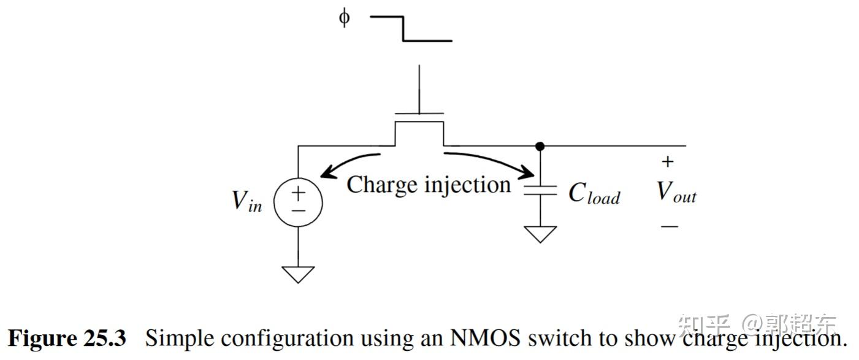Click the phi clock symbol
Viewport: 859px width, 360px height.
click(x=345, y=18)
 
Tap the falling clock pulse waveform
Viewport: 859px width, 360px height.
click(x=411, y=29)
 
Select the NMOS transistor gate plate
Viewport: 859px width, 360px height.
click(x=419, y=113)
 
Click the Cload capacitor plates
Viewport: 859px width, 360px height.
click(x=540, y=190)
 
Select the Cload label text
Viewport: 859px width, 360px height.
click(x=594, y=193)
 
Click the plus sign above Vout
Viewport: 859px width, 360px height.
click(x=668, y=162)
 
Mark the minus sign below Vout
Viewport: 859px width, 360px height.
click(x=670, y=226)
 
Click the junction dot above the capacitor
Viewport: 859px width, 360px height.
click(x=540, y=146)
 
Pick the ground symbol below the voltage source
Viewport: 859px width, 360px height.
click(x=298, y=274)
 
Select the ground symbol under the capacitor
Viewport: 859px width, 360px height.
click(x=540, y=234)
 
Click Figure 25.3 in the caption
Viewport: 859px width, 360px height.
click(x=67, y=338)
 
